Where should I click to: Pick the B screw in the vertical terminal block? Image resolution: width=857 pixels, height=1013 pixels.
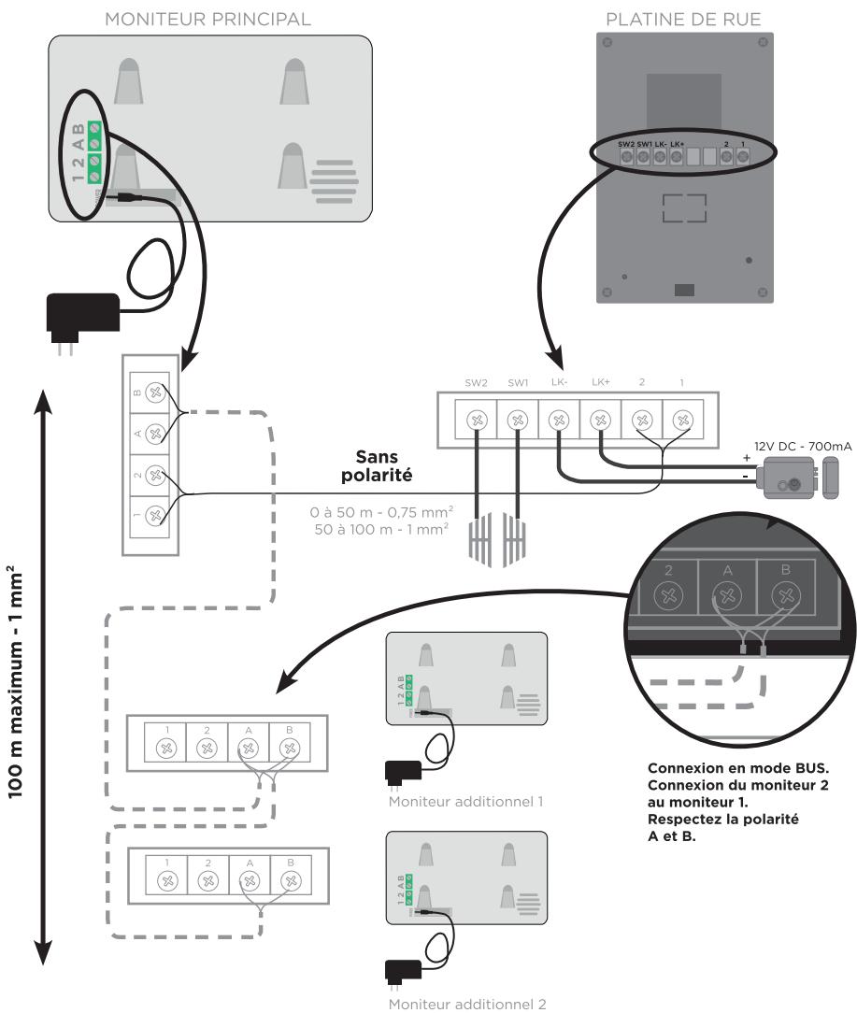pos(155,394)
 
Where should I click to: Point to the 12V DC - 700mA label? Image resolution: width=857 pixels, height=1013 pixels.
pos(802,449)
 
